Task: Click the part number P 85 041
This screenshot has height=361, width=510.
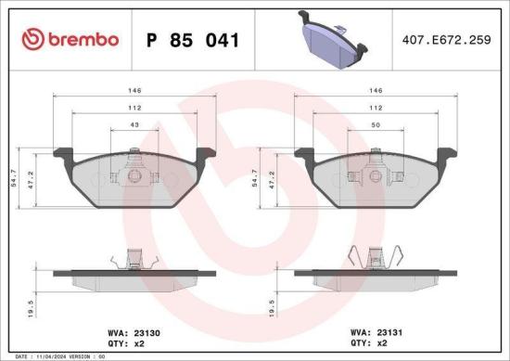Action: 194,40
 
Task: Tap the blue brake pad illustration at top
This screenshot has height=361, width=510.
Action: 331,39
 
